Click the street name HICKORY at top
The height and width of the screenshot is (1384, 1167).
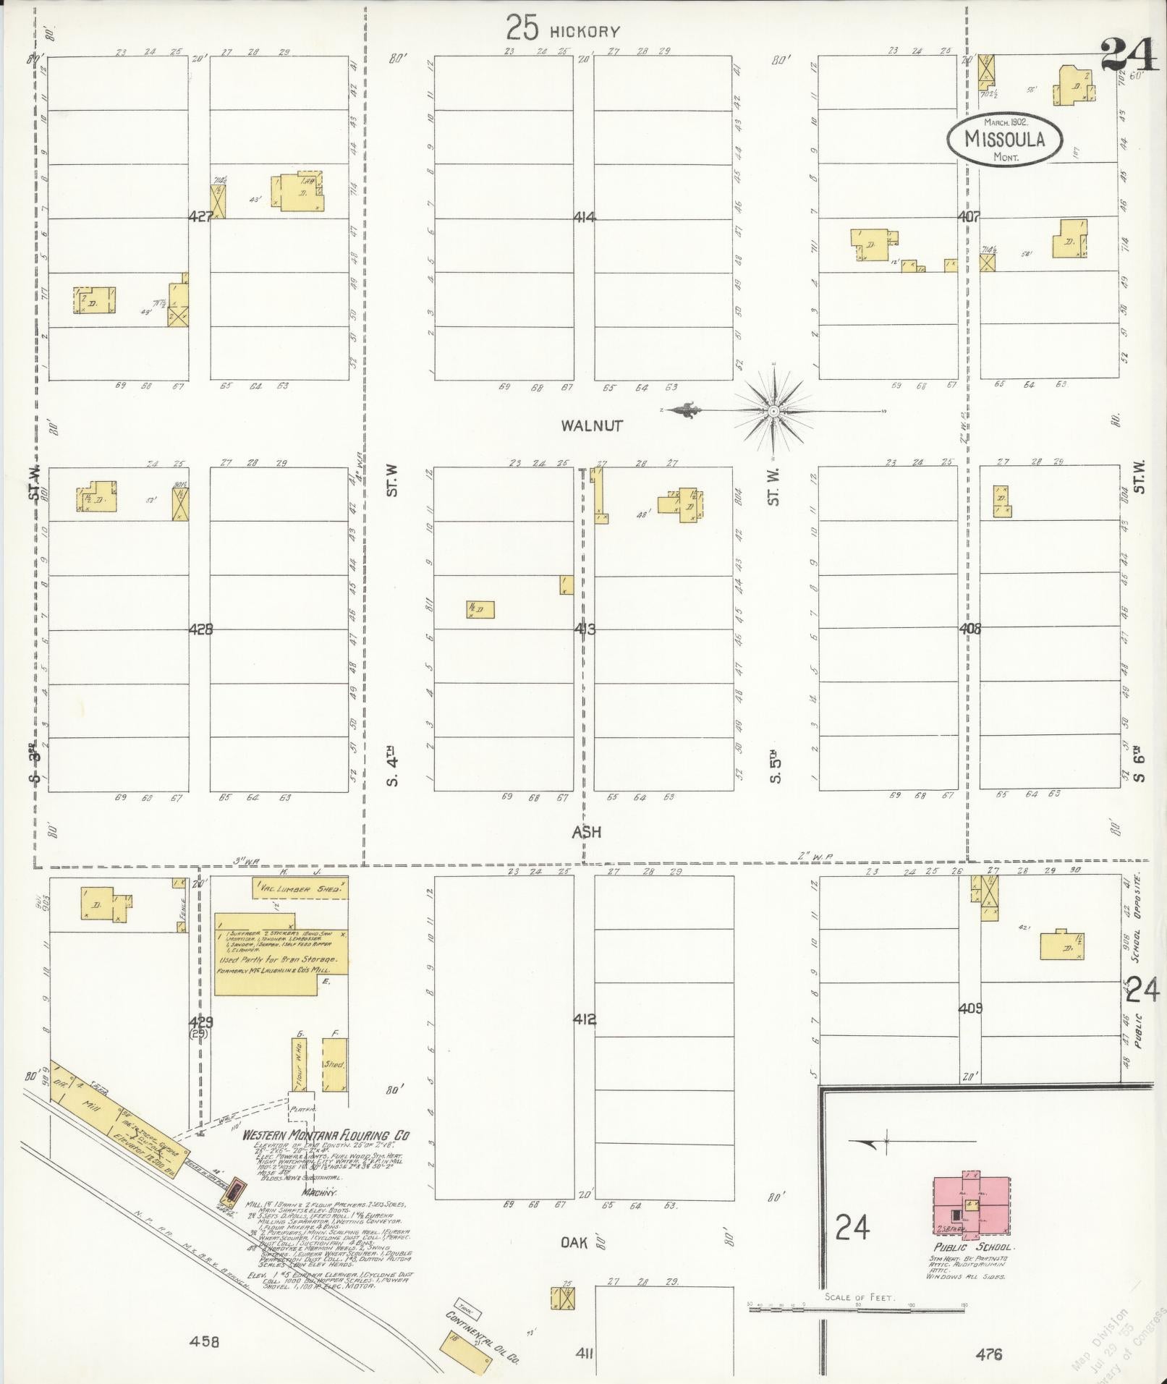584,32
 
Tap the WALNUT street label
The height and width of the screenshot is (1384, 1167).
591,425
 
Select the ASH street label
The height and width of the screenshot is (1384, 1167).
587,832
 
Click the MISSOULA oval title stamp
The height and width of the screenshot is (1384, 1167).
1005,137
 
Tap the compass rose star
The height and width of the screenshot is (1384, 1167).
773,411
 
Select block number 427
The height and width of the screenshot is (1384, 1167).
200,216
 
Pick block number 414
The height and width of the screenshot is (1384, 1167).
585,216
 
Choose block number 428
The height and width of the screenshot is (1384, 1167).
200,629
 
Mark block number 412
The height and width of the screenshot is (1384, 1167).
585,1020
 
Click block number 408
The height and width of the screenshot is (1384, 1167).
969,629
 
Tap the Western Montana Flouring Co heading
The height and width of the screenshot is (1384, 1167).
326,1136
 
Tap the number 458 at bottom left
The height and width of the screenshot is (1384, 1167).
204,1342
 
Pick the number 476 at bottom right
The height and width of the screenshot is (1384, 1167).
988,1354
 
